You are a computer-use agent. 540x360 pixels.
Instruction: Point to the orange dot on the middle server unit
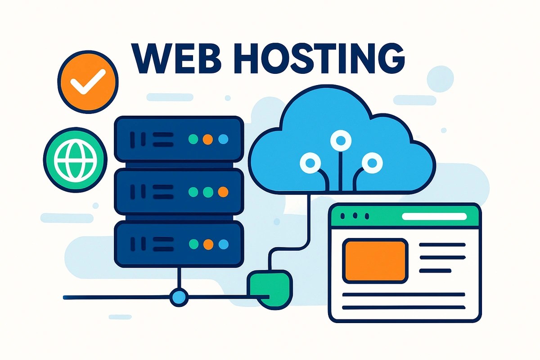[222, 192]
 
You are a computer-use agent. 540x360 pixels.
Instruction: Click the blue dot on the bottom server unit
[222, 244]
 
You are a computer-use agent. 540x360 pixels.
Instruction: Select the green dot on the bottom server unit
[193, 244]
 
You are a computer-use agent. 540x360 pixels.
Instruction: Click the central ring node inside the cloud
[338, 140]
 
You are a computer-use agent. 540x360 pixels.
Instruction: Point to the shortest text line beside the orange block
[435, 271]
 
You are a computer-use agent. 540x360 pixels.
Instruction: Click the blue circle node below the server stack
[179, 297]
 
